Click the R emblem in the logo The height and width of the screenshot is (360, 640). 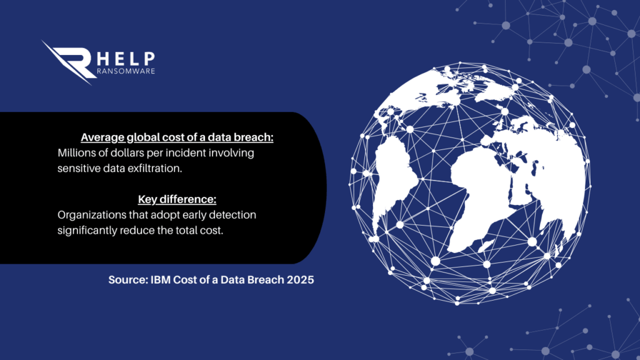click(69, 61)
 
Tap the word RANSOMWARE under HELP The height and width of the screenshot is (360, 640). click(126, 71)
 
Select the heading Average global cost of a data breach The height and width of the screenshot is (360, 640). click(177, 137)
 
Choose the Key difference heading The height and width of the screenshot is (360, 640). click(177, 199)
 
